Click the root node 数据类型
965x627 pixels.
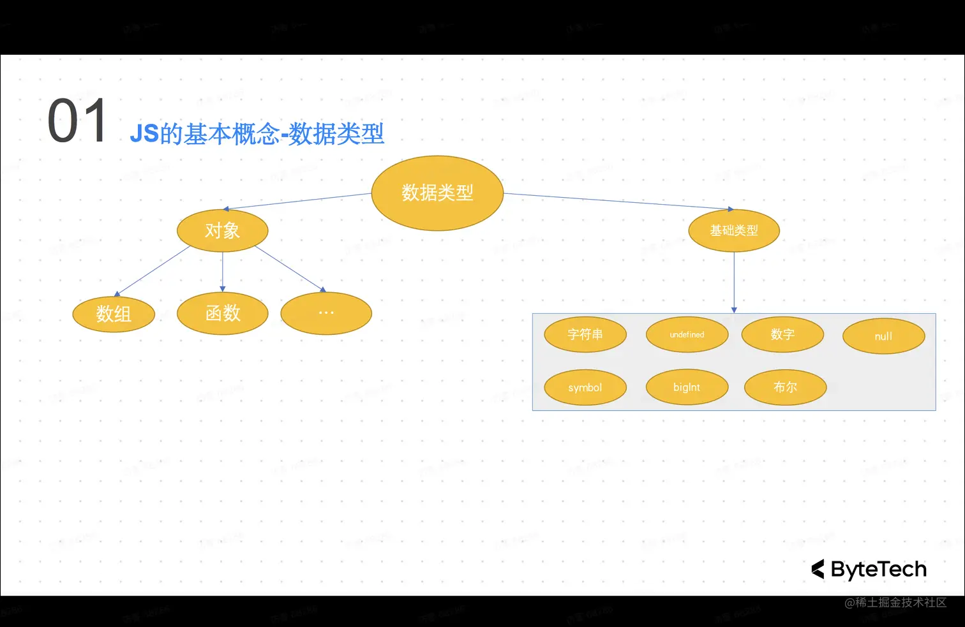click(437, 193)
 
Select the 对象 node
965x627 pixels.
click(222, 230)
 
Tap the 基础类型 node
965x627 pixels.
click(734, 230)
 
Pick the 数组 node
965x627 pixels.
click(114, 314)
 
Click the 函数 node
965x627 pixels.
click(222, 313)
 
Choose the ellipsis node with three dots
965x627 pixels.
click(326, 313)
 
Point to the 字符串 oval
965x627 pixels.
click(585, 334)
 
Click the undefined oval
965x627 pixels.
click(687, 334)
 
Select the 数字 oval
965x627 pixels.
click(782, 334)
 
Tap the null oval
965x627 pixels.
click(883, 336)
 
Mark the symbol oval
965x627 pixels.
click(585, 387)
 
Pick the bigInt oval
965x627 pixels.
click(687, 387)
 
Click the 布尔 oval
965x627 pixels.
click(785, 387)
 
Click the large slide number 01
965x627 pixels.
click(78, 121)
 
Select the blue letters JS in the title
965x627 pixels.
click(144, 134)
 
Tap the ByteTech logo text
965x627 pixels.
click(878, 569)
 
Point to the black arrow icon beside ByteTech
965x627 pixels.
click(818, 569)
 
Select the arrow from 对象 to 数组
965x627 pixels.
click(153, 271)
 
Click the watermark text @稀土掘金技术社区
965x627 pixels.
click(895, 602)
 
